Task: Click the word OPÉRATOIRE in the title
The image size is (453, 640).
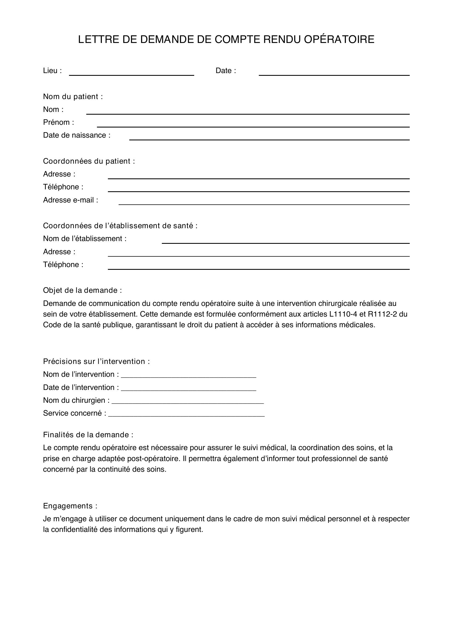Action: [x=339, y=40]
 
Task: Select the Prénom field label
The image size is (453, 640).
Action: [x=58, y=122]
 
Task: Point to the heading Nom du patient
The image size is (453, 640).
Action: [x=73, y=96]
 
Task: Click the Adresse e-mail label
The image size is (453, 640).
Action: [x=70, y=200]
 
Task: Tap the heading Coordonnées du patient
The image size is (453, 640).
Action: [x=89, y=161]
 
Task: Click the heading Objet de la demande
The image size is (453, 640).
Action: [x=82, y=291]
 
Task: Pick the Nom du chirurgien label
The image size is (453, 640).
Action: [x=76, y=400]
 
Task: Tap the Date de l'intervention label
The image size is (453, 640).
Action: [x=81, y=387]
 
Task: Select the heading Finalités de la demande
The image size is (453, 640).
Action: [x=88, y=435]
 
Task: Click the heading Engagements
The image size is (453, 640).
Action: [x=70, y=506]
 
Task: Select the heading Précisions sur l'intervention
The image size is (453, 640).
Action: [x=96, y=361]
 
